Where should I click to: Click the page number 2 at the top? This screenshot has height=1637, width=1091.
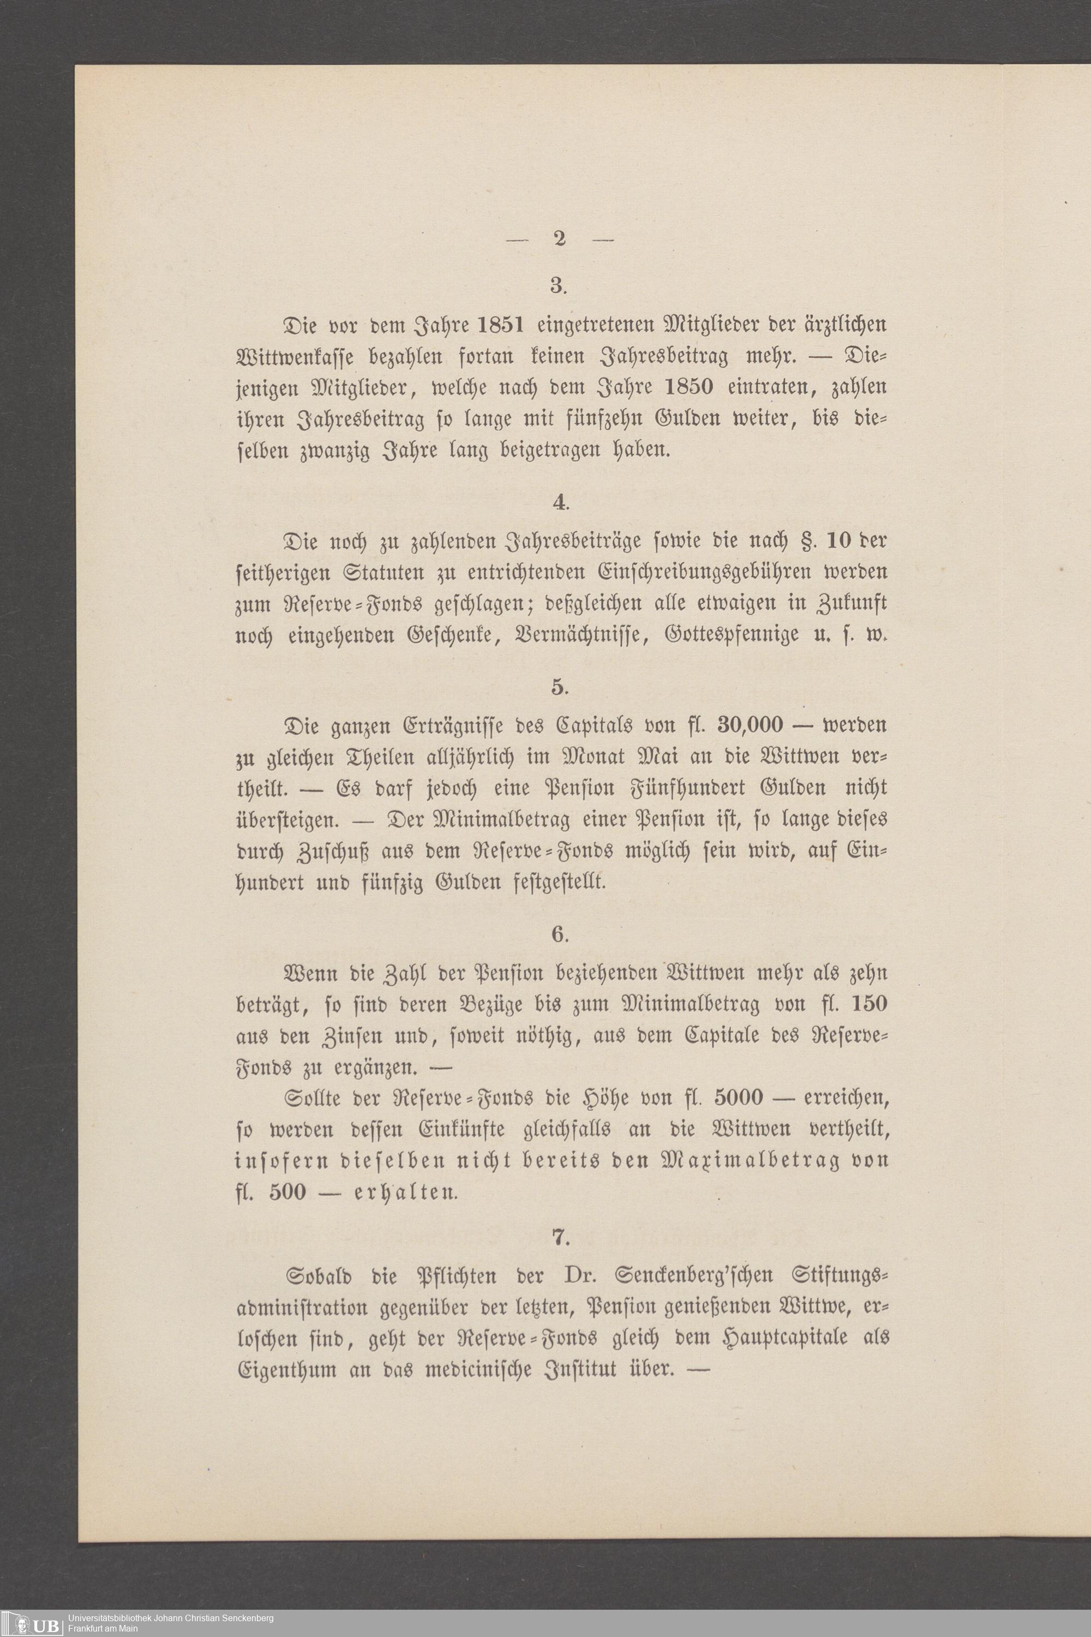(x=560, y=238)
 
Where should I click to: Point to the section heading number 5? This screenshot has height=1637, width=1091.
(x=560, y=687)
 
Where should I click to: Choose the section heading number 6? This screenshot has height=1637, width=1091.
(x=560, y=936)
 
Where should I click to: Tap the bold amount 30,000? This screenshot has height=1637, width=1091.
(x=750, y=725)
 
